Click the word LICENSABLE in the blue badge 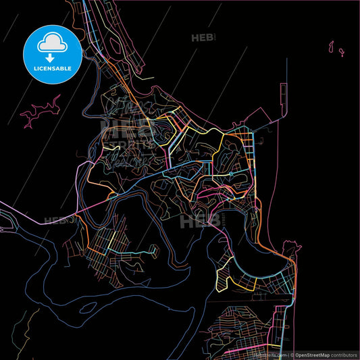point(52,68)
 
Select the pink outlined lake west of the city point(42,111)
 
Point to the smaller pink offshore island point(342,51)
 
